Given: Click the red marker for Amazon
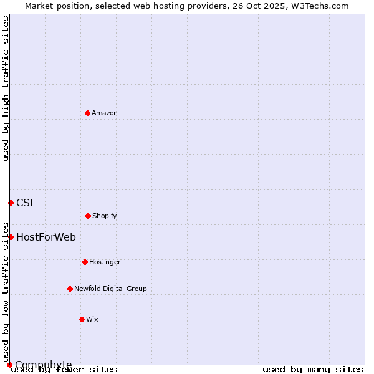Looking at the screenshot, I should (x=87, y=113).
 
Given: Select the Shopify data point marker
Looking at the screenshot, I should (x=88, y=216).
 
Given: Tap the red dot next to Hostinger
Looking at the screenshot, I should (x=85, y=262).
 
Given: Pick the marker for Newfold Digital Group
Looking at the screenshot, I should (x=70, y=289).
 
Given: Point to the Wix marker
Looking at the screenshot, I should (x=82, y=319).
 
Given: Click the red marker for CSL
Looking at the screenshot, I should (x=11, y=203).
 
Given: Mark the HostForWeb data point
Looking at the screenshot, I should (x=11, y=237).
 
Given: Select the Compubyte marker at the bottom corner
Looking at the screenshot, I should (x=9, y=365).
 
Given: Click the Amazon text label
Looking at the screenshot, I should (x=105, y=113).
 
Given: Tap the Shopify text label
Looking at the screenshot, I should (x=105, y=216).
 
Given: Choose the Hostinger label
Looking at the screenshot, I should (x=105, y=262).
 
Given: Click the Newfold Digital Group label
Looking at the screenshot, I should (x=110, y=289).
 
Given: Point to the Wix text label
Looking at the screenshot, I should (x=92, y=319).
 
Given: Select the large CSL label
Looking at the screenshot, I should (x=26, y=203).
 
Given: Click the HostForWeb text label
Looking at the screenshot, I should (x=46, y=237).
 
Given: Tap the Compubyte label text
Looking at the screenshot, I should (x=44, y=365).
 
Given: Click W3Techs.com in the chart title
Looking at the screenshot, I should (x=322, y=6).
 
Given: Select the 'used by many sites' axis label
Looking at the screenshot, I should (x=313, y=369).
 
